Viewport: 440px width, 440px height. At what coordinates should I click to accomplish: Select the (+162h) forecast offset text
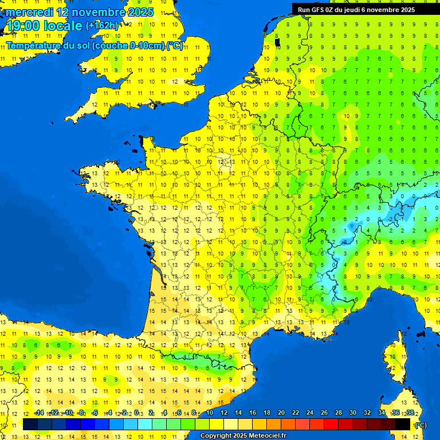click(102, 26)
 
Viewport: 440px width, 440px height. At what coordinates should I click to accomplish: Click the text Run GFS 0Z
click(318, 9)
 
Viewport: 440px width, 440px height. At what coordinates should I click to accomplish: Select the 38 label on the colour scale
click(410, 412)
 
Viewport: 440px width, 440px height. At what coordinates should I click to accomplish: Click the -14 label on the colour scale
click(39, 412)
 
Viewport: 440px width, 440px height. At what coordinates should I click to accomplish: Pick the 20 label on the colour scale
click(281, 412)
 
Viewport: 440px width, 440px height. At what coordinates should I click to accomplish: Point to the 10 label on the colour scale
click(209, 412)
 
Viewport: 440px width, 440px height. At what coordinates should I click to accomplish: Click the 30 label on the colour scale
click(352, 412)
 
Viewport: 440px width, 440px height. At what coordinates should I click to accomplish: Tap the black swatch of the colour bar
click(403, 424)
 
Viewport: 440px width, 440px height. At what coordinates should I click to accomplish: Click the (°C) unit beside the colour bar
click(421, 425)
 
